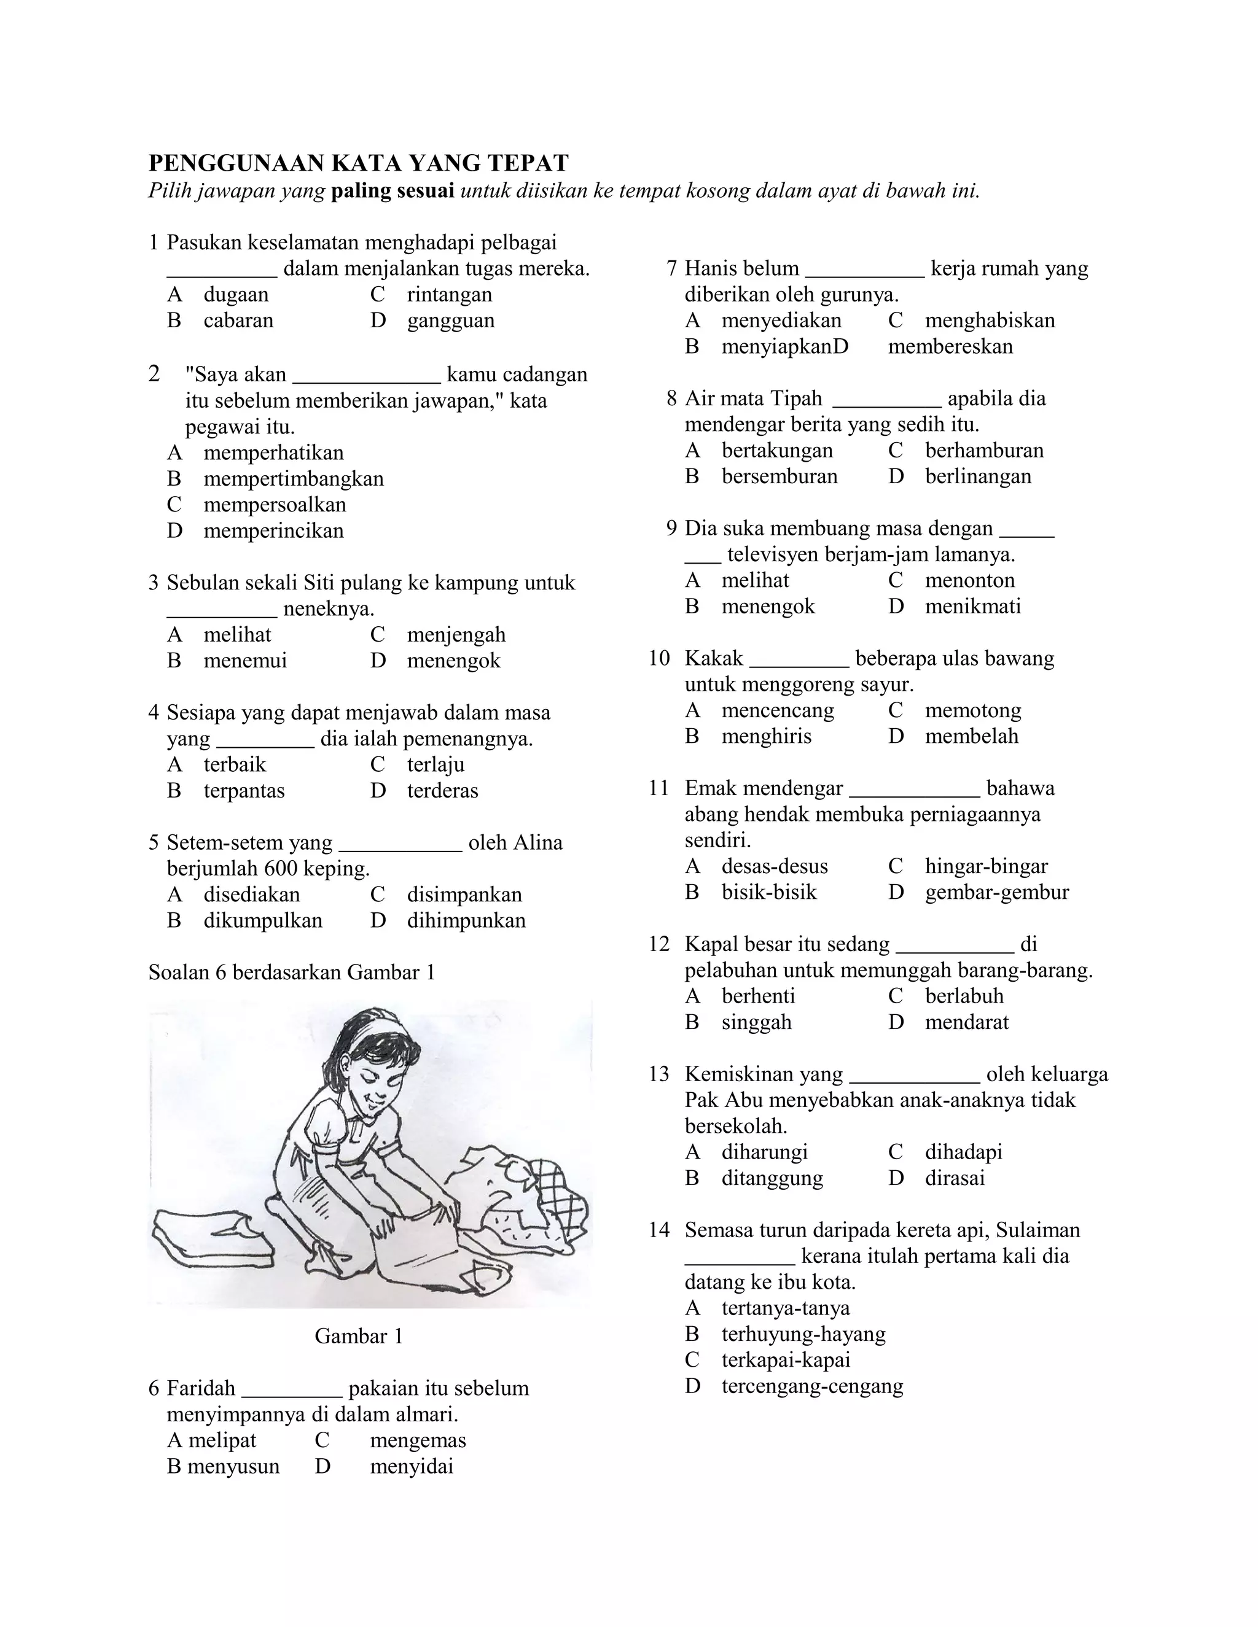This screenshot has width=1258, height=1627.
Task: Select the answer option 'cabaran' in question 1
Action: tap(238, 320)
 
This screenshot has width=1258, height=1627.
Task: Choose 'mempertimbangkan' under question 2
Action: tap(293, 478)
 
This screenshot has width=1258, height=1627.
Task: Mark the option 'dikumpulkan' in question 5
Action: tap(262, 921)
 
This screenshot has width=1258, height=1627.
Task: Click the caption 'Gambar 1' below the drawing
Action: tap(359, 1336)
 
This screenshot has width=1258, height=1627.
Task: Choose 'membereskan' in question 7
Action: tap(950, 346)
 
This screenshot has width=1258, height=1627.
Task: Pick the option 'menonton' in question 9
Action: tap(969, 580)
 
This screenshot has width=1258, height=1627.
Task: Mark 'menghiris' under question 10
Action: tap(766, 736)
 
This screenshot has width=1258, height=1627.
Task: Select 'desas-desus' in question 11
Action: tap(775, 866)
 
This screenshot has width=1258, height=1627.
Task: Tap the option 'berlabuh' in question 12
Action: tap(964, 996)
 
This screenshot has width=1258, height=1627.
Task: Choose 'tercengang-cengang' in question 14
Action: tap(811, 1386)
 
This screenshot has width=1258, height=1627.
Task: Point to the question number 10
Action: tap(660, 659)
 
